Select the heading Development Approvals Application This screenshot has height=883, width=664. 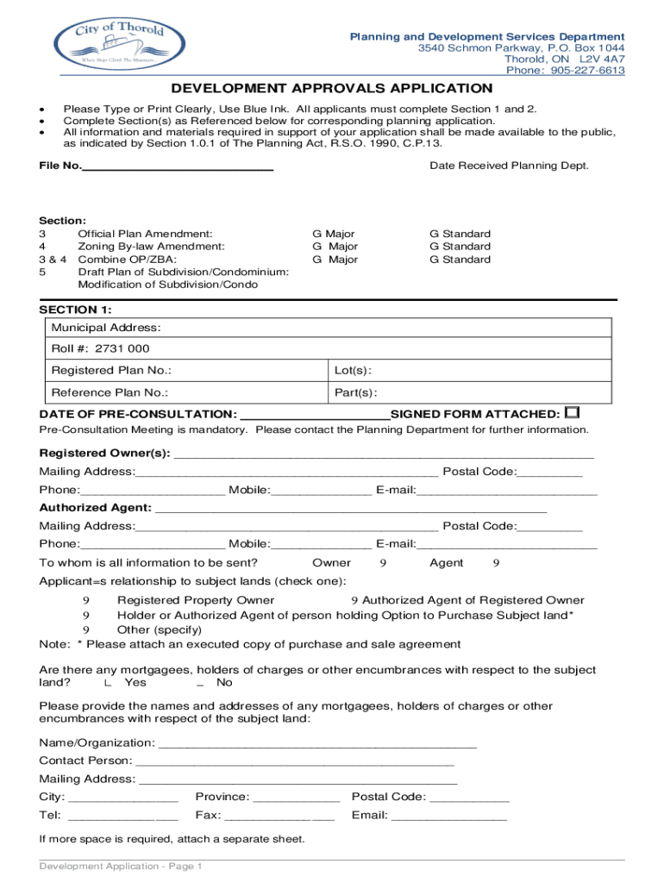click(331, 89)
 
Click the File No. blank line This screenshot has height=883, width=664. click(177, 166)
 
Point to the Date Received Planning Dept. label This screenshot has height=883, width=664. click(509, 166)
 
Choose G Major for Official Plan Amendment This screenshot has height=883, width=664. click(333, 234)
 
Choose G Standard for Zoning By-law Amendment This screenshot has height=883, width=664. click(460, 247)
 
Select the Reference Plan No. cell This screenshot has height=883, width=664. click(185, 392)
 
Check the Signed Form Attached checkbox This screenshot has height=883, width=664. click(573, 413)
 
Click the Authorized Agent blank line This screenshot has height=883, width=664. click(350, 508)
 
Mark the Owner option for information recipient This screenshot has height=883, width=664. click(382, 563)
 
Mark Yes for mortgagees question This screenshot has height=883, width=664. click(107, 683)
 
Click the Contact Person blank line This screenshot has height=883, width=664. click(294, 761)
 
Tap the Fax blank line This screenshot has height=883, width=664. click(279, 815)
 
